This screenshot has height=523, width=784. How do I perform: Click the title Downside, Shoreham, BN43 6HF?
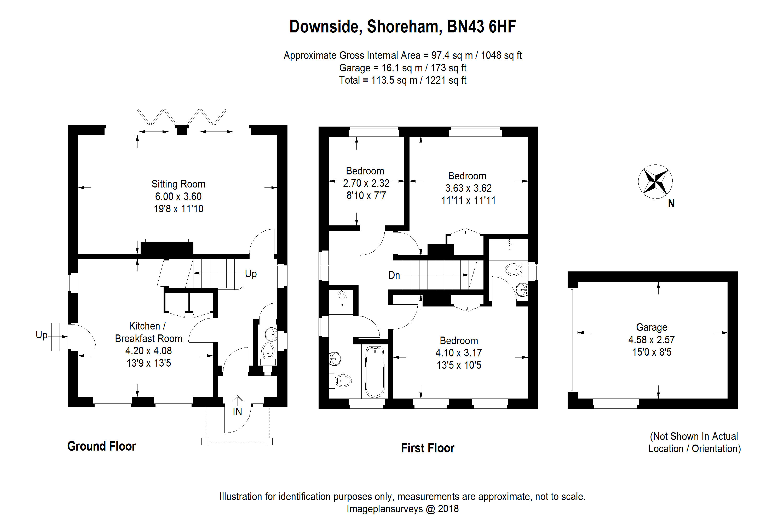click(402, 27)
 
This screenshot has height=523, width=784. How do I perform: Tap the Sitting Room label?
click(178, 184)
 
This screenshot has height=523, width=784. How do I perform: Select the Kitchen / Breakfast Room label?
click(148, 332)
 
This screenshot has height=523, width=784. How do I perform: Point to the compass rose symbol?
click(655, 182)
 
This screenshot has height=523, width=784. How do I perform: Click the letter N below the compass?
click(671, 203)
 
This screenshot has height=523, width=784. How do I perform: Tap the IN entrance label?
click(237, 412)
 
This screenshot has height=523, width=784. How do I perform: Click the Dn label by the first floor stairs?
click(394, 275)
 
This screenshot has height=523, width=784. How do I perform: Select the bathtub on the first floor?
click(375, 372)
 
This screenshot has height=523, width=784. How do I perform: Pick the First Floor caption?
click(427, 448)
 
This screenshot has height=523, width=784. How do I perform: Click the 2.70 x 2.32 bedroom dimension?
click(366, 183)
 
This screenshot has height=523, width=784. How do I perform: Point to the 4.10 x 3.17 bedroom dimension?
click(459, 353)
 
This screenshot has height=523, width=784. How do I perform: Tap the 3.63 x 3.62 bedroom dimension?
click(468, 188)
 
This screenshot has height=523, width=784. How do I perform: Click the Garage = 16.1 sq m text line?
click(402, 68)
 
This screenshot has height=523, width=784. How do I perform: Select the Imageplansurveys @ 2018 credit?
click(402, 509)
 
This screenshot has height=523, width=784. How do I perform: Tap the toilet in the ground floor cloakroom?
click(268, 352)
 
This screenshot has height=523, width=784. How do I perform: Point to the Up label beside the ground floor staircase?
click(251, 274)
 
